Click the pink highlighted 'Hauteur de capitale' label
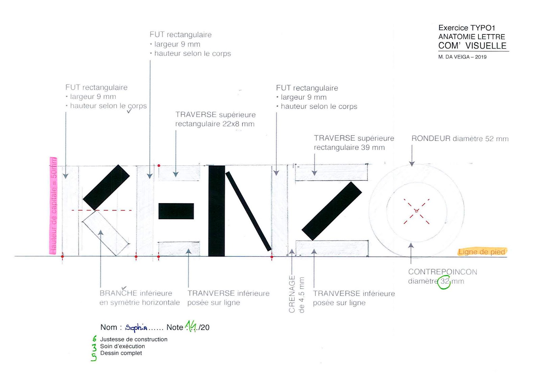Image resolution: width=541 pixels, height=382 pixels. (x=53, y=206)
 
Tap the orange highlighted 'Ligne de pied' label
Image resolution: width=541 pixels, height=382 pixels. (x=481, y=252)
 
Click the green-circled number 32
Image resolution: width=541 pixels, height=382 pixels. (x=445, y=281)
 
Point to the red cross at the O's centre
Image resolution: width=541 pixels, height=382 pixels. (x=416, y=211)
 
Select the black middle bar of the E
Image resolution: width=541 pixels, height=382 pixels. (x=176, y=211)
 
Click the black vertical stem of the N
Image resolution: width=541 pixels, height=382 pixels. (x=216, y=211)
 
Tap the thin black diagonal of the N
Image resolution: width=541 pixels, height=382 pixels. (x=249, y=211)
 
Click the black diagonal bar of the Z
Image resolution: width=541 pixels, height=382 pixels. (x=332, y=211)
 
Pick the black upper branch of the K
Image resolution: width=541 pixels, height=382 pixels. (x=107, y=187)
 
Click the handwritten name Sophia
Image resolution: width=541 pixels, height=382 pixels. (x=136, y=327)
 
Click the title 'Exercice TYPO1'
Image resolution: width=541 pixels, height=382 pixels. (x=467, y=28)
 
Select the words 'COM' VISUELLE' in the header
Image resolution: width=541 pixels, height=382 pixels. (x=472, y=46)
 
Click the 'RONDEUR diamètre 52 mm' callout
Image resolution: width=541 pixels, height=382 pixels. (x=460, y=139)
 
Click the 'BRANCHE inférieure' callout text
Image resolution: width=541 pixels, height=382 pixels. (x=136, y=293)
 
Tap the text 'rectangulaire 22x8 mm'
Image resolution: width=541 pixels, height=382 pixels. (x=215, y=124)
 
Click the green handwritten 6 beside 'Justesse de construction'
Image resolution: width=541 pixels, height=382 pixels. (x=95, y=339)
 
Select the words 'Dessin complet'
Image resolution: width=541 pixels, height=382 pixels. (x=121, y=353)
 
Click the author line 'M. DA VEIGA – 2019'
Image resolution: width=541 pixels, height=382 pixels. (x=462, y=57)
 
